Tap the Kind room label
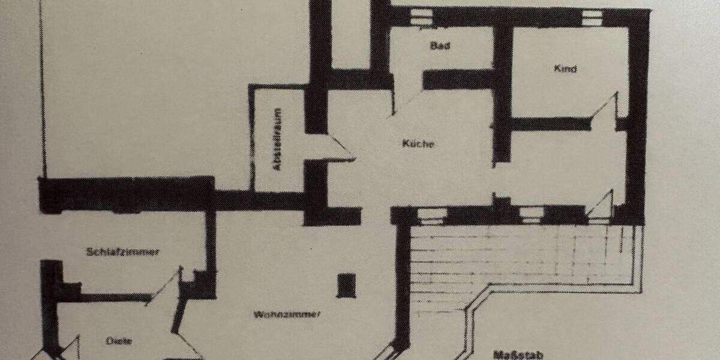click(x=565, y=69)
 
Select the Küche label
click(x=418, y=144)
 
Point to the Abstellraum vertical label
click(x=277, y=140)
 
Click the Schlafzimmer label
click(x=123, y=252)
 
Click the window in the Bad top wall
click(x=424, y=16)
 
